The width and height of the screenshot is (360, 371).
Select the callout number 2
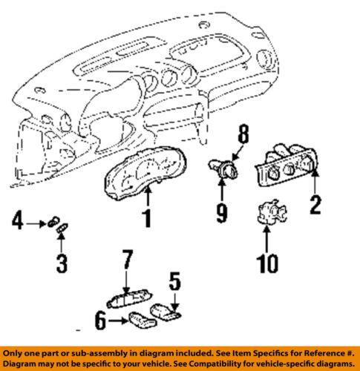315,203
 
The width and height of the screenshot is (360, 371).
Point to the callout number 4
18,220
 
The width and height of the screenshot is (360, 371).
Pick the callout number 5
175,281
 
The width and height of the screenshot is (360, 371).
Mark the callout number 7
128,260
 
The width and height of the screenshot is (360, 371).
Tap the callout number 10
267,260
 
